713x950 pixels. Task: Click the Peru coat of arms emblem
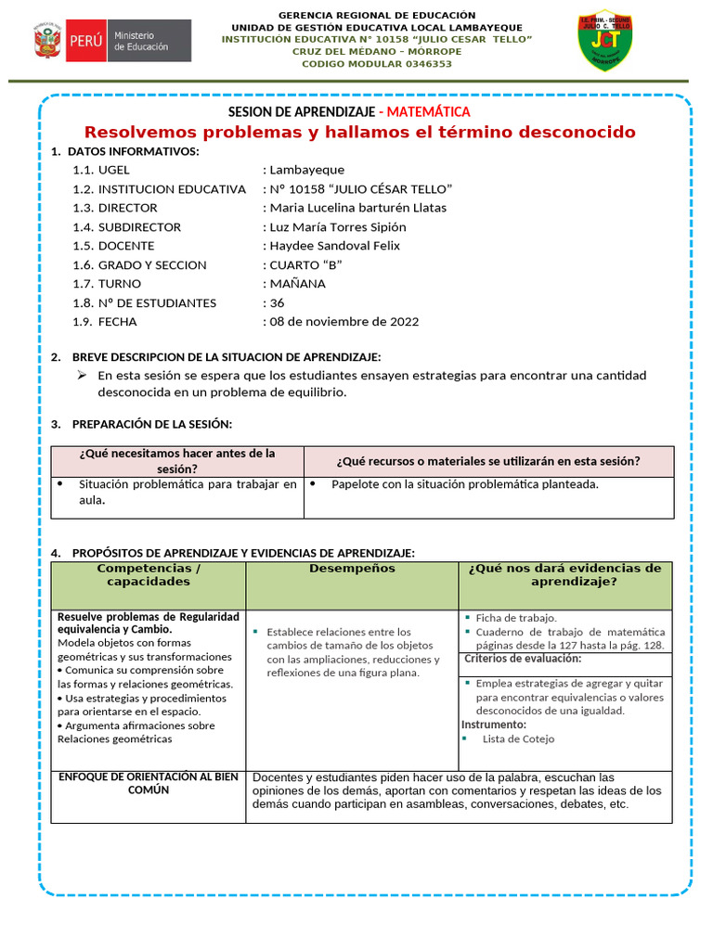coord(48,41)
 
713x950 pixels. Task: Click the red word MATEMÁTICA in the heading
coord(428,111)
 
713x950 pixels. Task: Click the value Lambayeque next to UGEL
coord(306,170)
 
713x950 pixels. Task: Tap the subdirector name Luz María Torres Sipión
coord(337,226)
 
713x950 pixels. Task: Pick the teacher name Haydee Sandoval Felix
coord(334,246)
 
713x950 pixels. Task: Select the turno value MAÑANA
coord(297,284)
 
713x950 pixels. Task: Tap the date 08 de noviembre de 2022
coord(344,322)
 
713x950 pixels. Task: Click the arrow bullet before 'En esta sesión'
coord(82,375)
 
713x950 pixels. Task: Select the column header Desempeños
coord(352,568)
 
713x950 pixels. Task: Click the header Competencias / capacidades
coord(149,574)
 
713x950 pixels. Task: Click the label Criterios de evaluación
coord(523,659)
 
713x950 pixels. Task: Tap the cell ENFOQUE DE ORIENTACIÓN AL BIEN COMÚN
coord(149,783)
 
